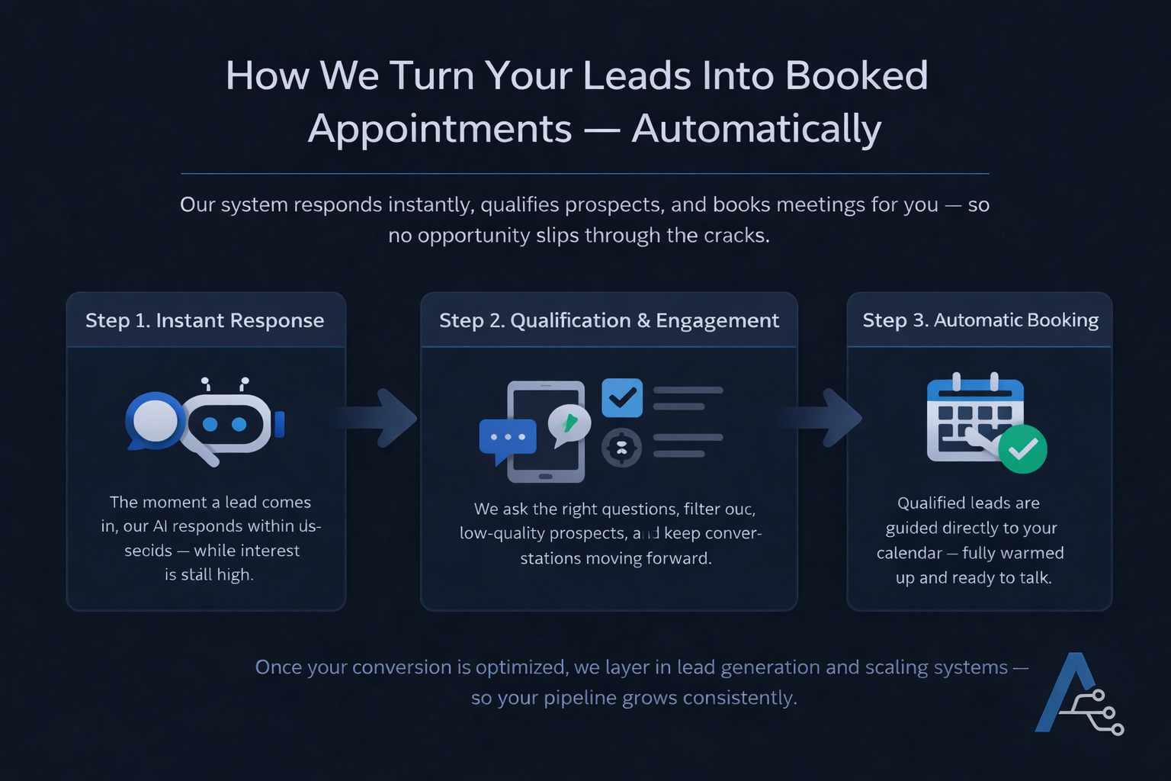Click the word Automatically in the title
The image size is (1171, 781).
756,128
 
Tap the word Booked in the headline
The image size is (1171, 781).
856,76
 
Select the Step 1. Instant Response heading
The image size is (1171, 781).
204,320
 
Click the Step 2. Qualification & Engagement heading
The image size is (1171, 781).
608,320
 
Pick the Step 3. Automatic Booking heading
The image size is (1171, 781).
980,320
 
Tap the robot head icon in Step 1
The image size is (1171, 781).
227,423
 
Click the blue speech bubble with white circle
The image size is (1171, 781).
154,420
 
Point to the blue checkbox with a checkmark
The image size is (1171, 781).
622,397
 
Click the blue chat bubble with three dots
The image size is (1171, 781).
507,439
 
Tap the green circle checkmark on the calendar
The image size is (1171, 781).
1022,449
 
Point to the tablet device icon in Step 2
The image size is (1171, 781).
546,432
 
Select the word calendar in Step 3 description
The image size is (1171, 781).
909,553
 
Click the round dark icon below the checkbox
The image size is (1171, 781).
622,448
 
